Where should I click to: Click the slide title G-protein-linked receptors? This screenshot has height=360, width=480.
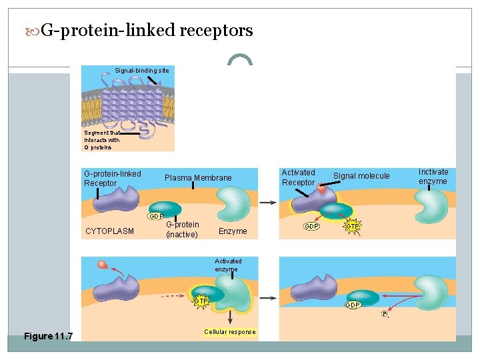147,31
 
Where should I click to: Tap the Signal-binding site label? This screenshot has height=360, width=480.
141,70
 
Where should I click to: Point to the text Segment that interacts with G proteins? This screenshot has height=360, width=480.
102,140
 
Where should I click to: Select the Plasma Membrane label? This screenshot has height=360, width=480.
198,178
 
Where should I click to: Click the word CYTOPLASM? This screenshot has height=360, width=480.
110,231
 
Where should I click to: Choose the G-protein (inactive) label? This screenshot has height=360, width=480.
182,230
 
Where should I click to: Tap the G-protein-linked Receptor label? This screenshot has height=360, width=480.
112,179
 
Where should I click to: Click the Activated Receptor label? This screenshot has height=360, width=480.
298,177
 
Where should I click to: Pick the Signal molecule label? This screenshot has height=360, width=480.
361,176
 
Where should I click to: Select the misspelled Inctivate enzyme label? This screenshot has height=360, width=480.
433,177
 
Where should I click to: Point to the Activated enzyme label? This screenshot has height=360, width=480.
228,265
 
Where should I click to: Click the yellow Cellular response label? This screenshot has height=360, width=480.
229,332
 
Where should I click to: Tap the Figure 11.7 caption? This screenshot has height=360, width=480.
48,336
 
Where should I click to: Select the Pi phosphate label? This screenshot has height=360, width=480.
385,314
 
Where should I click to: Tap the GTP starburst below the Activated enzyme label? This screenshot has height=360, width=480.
201,301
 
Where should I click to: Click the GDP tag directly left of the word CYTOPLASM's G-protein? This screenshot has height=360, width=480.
156,217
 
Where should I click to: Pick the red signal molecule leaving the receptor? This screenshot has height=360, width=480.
102,265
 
